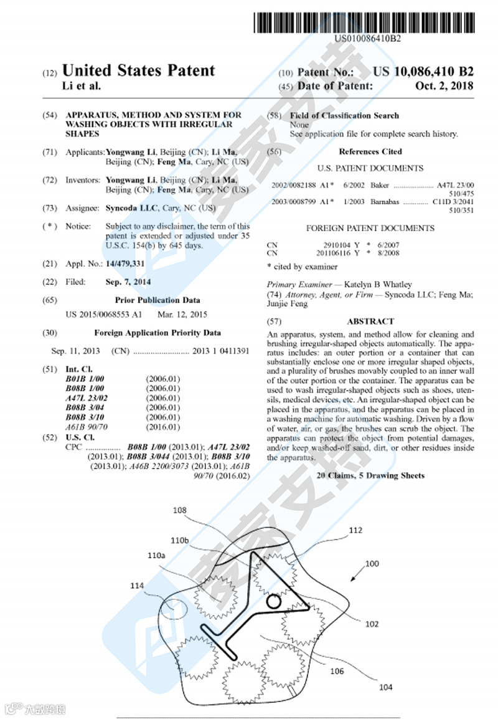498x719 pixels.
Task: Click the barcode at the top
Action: (x=367, y=22)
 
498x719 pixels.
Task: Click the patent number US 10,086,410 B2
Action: (x=423, y=72)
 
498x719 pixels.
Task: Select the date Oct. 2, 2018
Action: (x=444, y=86)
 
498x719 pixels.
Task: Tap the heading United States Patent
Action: (x=138, y=71)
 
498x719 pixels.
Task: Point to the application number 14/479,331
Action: (x=125, y=264)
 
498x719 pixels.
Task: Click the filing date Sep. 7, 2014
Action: (x=128, y=282)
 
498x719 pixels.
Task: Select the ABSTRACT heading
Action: (x=370, y=321)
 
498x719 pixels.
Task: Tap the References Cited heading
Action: (x=370, y=151)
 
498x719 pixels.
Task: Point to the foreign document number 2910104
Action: (x=337, y=245)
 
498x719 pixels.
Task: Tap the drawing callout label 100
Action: (x=372, y=563)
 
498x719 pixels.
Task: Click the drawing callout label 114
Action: (x=137, y=585)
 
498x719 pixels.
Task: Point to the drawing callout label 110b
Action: (x=179, y=540)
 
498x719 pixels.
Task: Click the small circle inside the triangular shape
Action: (x=273, y=602)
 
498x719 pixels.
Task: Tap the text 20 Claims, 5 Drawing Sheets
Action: (x=370, y=475)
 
